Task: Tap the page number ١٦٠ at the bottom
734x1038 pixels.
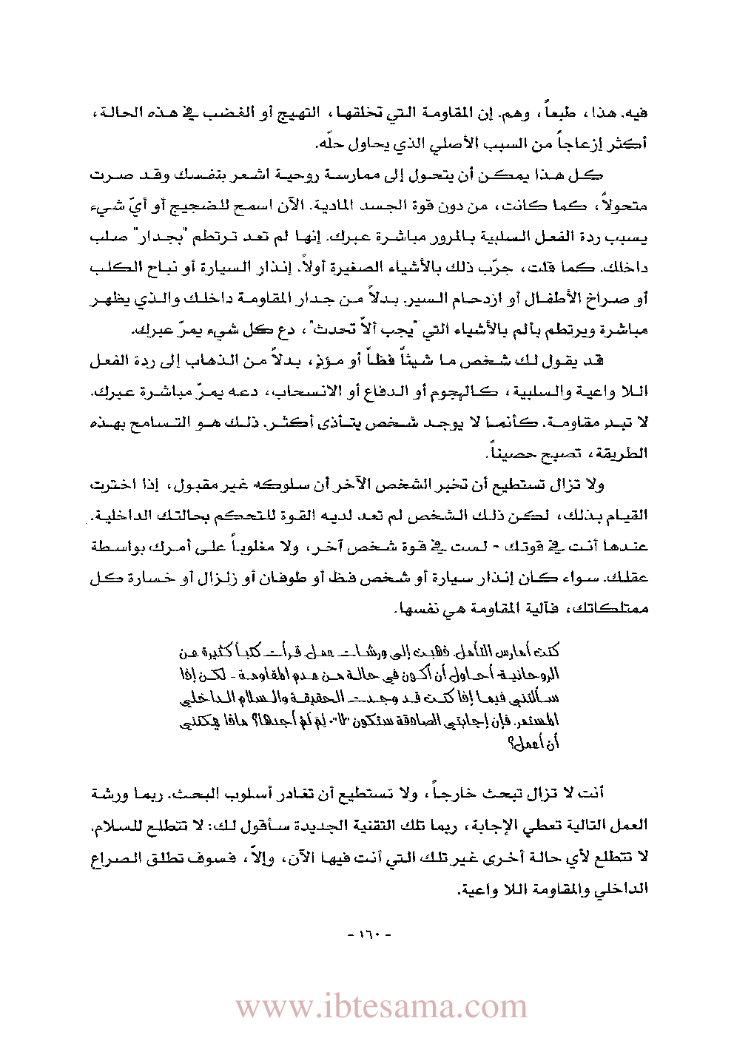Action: tap(368, 935)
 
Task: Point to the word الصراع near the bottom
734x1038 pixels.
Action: tap(119, 857)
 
